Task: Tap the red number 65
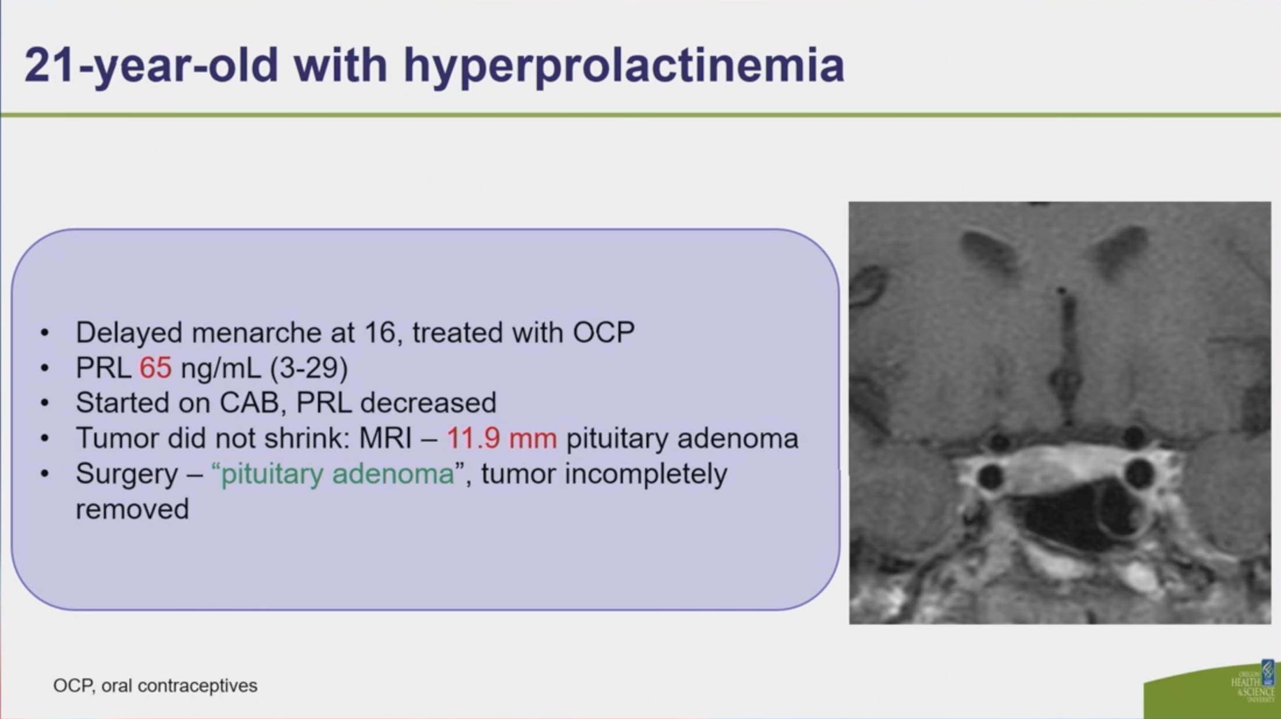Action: point(155,368)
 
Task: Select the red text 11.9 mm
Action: point(502,438)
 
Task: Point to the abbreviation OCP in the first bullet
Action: point(604,333)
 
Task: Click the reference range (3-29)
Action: point(309,368)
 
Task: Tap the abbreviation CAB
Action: point(249,403)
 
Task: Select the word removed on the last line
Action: point(132,509)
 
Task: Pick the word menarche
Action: point(256,333)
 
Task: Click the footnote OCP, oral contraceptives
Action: point(155,686)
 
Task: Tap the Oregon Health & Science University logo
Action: point(1252,682)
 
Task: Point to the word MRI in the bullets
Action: point(385,438)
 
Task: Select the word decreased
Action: point(429,403)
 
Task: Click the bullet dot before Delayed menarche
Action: point(45,333)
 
